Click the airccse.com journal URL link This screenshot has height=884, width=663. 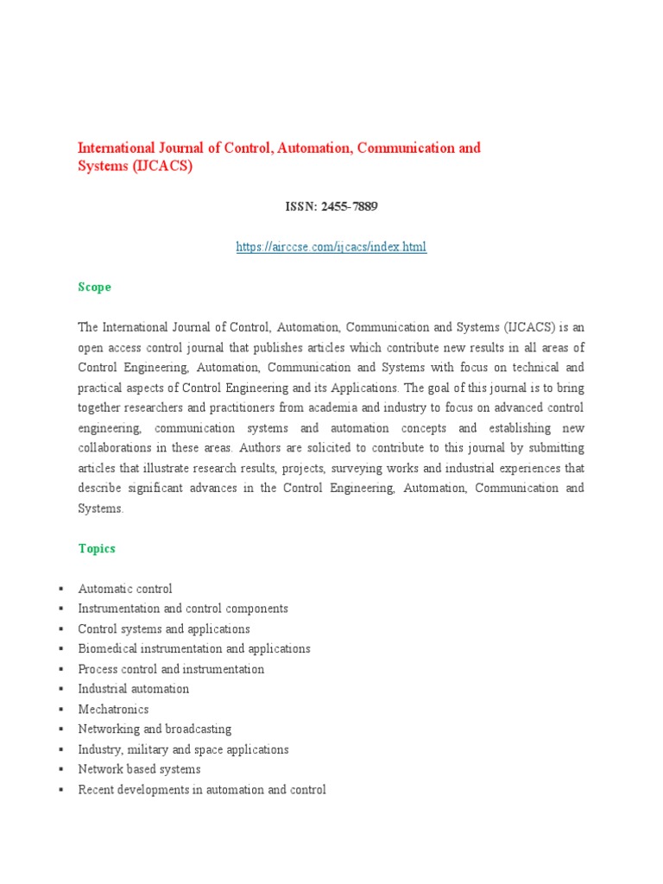(331, 248)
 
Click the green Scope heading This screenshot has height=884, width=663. (94, 287)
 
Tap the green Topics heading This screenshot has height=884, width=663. (96, 549)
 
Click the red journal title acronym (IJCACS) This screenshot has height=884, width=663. (162, 167)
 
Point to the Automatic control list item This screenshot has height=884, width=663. (125, 589)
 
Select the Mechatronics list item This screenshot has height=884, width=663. (113, 709)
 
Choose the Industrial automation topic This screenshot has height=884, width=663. (133, 689)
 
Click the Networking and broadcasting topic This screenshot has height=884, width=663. (155, 729)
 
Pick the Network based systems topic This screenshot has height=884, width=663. (139, 769)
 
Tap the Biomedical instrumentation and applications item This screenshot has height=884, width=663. (193, 649)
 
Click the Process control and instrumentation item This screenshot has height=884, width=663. (171, 669)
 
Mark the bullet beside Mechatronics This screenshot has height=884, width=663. (61, 710)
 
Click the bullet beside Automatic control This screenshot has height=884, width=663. (61, 589)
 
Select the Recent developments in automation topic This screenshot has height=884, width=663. (201, 790)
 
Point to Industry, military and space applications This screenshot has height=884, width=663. (183, 749)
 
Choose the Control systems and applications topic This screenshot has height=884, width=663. (164, 629)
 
